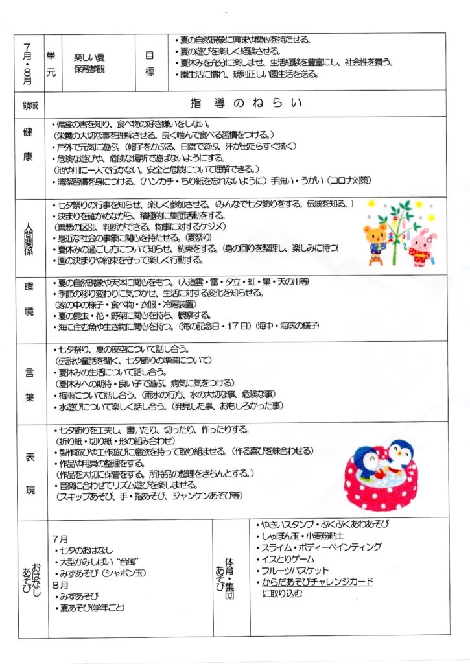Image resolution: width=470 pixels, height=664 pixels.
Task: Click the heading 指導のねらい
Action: pyautogui.click(x=246, y=103)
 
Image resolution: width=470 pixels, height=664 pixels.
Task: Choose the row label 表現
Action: pyautogui.click(x=30, y=471)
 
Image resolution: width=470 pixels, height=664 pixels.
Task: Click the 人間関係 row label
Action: pyautogui.click(x=30, y=234)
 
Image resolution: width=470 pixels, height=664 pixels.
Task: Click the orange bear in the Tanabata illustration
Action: pyautogui.click(x=376, y=241)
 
